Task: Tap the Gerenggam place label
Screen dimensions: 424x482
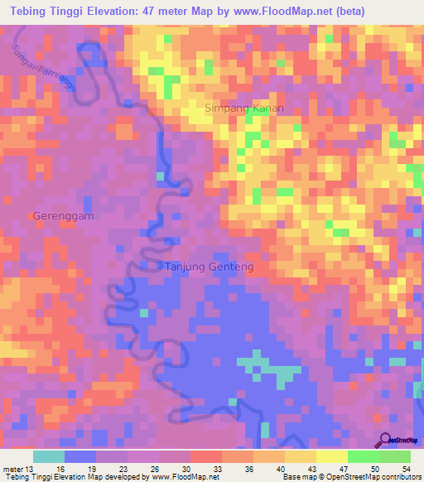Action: pos(63,215)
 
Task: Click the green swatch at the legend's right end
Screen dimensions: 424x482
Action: pos(394,457)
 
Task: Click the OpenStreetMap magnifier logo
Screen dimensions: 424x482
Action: pos(386,440)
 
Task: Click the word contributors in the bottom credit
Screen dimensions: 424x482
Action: pos(395,476)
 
